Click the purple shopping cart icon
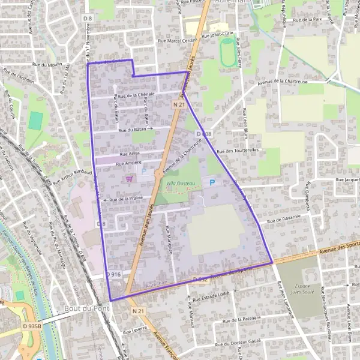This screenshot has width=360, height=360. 128,178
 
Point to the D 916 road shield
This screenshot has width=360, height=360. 113,274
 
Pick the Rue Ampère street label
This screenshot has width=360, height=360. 128,163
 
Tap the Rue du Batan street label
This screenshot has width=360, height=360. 133,129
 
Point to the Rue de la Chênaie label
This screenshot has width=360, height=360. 136,95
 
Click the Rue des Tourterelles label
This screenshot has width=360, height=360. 238,151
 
